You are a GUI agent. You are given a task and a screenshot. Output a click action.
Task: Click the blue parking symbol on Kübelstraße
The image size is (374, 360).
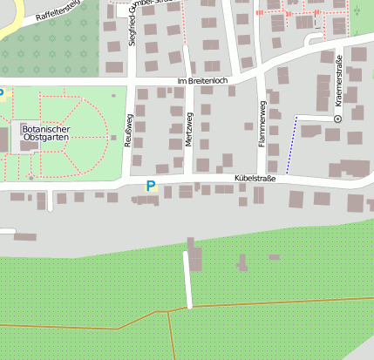pos(151,186)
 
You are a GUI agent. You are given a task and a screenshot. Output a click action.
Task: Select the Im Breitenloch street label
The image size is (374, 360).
pos(201,81)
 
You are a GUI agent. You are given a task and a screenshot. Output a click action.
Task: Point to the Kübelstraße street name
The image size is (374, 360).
pos(255,180)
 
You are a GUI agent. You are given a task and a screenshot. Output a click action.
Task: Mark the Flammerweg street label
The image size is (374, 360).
pos(262,121)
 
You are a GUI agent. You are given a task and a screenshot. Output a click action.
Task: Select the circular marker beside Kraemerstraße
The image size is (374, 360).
pos(337,118)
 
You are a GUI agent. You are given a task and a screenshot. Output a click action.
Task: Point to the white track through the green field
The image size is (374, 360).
pos(187,279)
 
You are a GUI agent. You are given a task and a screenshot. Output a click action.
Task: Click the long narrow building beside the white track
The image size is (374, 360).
pos(194,261)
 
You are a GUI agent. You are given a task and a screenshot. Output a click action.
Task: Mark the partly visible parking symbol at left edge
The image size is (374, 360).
pos(2,92)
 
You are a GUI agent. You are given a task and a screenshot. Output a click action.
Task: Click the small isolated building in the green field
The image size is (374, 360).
pos(275,257)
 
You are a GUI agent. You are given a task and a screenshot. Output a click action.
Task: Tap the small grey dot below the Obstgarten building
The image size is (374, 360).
pos(31,178)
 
